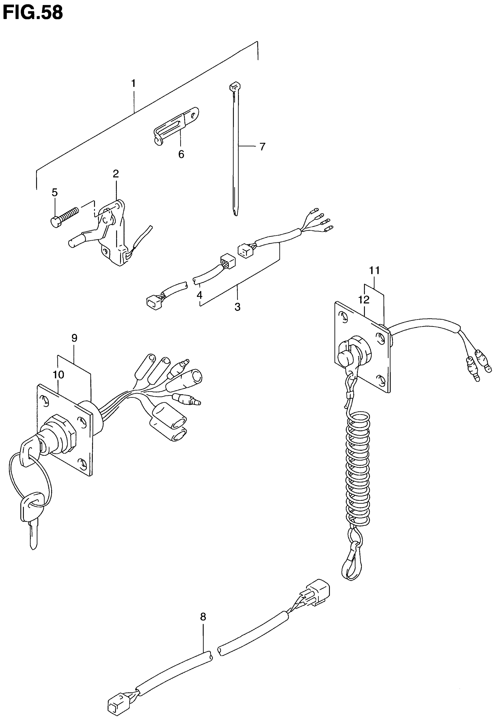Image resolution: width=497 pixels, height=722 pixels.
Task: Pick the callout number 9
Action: click(x=74, y=338)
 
